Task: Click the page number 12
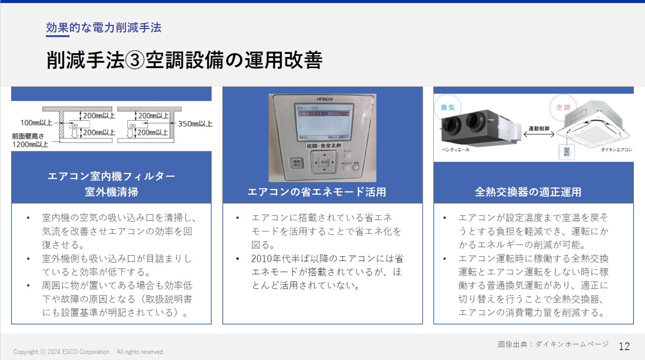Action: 624,346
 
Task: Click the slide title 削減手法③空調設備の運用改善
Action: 184,60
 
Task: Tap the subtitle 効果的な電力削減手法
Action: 103,28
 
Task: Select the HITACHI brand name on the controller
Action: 325,99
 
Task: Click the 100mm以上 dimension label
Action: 36,123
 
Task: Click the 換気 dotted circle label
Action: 447,107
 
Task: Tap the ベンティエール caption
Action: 456,150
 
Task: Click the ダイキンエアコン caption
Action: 616,150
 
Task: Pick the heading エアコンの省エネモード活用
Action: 316,192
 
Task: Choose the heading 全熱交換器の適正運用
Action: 528,192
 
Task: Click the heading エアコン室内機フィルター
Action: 111,176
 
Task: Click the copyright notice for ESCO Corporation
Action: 89,352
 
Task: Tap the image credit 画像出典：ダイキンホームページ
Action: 553,344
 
